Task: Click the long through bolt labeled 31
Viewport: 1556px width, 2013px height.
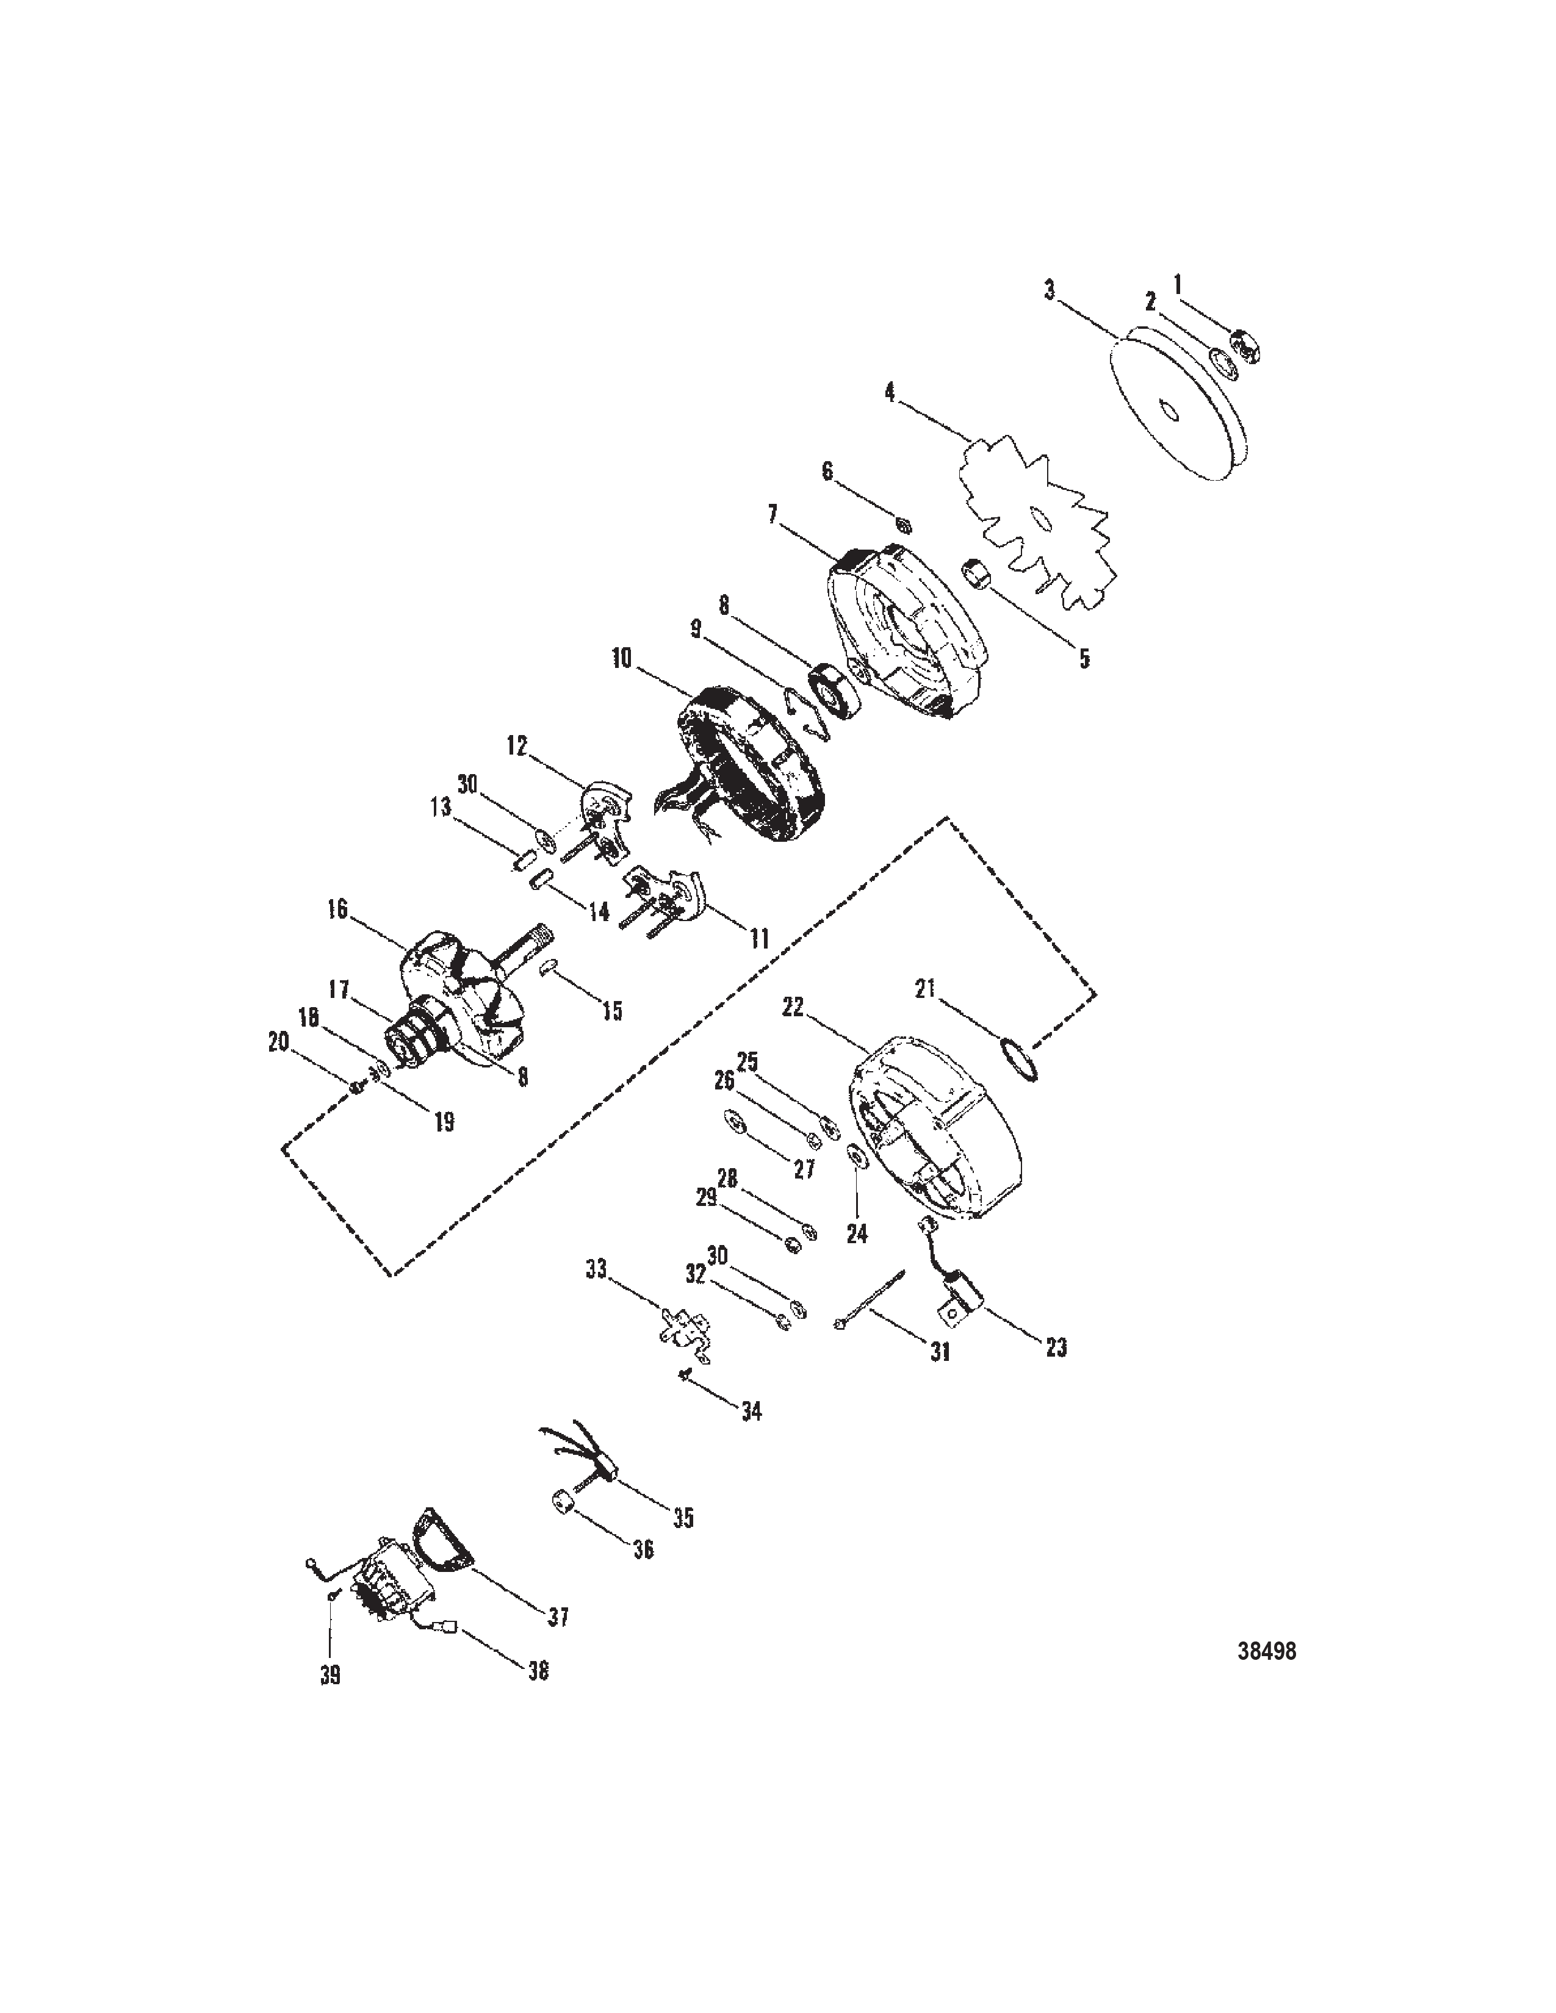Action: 871,1308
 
